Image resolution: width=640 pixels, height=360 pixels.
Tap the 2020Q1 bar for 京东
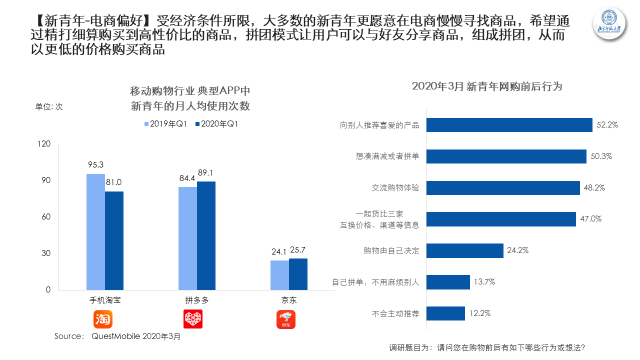(298, 274)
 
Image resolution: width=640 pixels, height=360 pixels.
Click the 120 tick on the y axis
(43, 144)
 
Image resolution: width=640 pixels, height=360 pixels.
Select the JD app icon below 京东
(289, 319)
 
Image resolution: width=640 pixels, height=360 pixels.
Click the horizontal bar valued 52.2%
(504, 126)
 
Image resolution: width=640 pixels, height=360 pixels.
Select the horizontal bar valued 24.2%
(465, 251)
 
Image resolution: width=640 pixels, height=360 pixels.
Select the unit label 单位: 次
(50, 106)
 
